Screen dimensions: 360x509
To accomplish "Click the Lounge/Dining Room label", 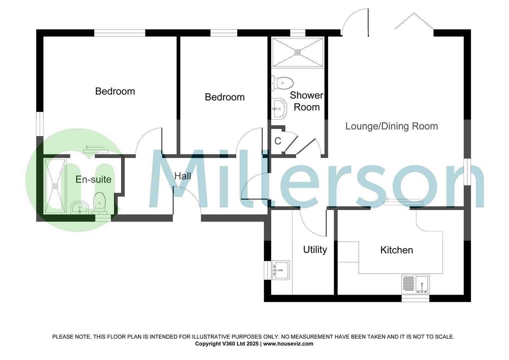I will point(391,126).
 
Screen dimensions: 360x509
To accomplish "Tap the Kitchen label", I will point(396,250).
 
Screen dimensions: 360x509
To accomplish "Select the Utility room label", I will point(315,250).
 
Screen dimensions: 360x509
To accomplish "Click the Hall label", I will point(183,176).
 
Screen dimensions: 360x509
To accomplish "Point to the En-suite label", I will point(93,180).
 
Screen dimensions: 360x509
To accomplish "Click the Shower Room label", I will point(306,101).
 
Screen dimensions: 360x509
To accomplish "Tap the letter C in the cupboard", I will point(277,141).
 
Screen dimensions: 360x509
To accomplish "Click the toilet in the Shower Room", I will point(282,83).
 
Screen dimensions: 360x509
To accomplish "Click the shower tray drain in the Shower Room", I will point(298,52).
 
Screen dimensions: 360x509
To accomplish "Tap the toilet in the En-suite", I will point(99,203).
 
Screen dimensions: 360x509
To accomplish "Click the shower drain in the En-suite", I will point(55,186).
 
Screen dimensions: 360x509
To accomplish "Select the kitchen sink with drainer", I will point(415,284).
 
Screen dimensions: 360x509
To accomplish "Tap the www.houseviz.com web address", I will point(288,344).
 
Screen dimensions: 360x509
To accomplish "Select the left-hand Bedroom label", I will point(115,91).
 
